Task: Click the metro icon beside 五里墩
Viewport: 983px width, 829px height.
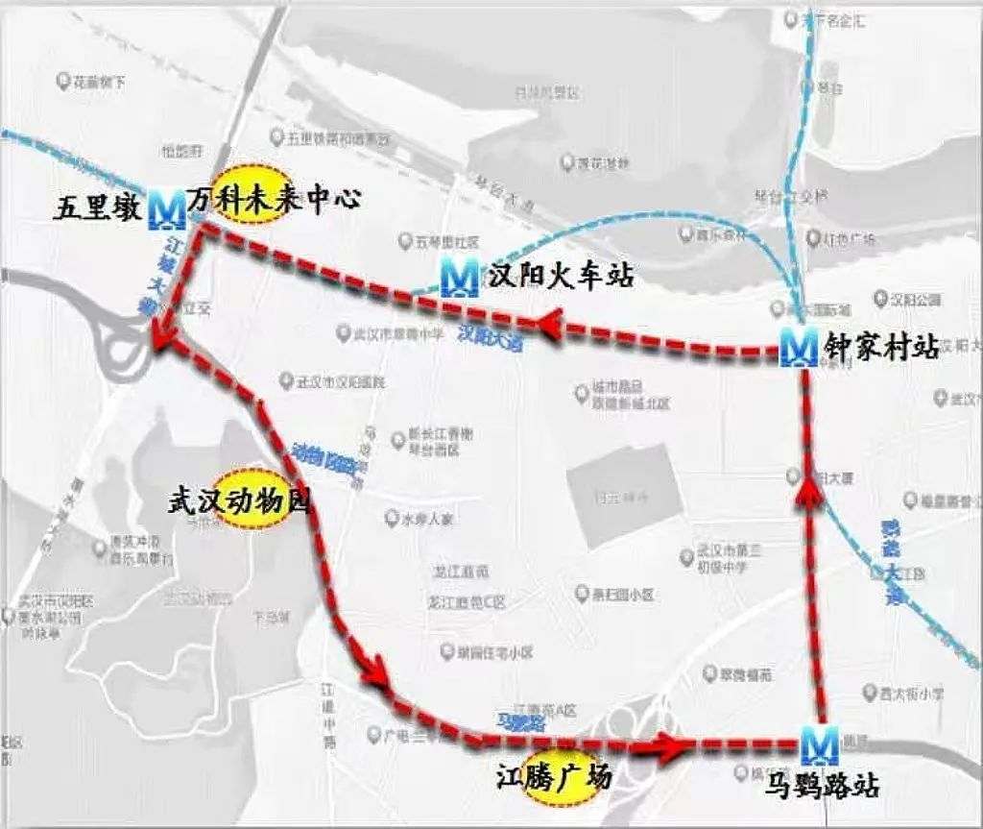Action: (168, 208)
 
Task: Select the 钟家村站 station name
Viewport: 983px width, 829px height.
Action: (880, 347)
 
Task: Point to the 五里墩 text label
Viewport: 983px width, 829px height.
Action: (99, 208)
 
